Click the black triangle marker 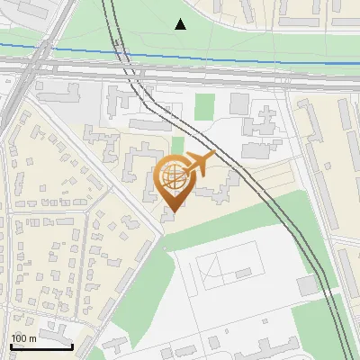[181, 24]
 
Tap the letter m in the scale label [32, 338]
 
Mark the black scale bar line [40, 346]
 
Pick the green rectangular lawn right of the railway [205, 106]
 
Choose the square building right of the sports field [307, 284]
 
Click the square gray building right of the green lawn [238, 103]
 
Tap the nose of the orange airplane [212, 157]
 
